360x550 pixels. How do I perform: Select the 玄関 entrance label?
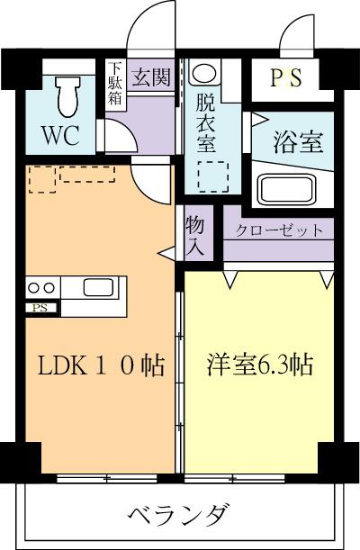point(150,77)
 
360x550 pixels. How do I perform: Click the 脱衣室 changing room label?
point(207,117)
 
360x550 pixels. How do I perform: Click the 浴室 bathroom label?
point(299,141)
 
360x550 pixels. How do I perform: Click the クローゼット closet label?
point(280,230)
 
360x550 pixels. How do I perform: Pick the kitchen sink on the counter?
point(97,288)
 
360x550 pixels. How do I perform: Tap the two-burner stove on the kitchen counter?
point(40,288)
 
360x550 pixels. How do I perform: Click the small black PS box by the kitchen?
point(40,308)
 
